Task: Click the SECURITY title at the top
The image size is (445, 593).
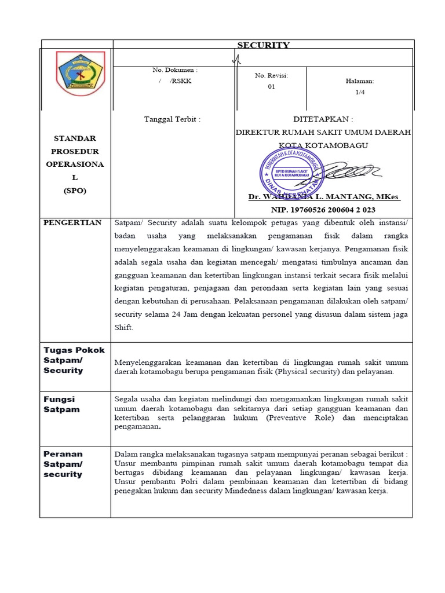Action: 263,45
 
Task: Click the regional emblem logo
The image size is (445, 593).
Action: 80,74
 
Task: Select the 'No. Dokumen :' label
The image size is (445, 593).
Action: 174,69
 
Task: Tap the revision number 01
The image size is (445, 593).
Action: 271,87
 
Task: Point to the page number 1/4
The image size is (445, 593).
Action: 360,91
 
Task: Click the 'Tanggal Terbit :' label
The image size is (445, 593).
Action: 172,119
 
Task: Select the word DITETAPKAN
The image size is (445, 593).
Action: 323,119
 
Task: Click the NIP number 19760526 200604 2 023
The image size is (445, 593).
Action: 323,210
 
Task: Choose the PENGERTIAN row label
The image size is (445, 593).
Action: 72,222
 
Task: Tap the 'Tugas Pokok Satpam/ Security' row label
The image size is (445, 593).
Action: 74,360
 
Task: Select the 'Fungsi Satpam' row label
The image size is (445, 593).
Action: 61,404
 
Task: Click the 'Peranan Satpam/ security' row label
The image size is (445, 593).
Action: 63,464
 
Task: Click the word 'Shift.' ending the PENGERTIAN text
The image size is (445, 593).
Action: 124,327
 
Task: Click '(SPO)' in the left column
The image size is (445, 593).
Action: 75,191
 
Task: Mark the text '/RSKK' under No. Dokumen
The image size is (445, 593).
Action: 180,81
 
